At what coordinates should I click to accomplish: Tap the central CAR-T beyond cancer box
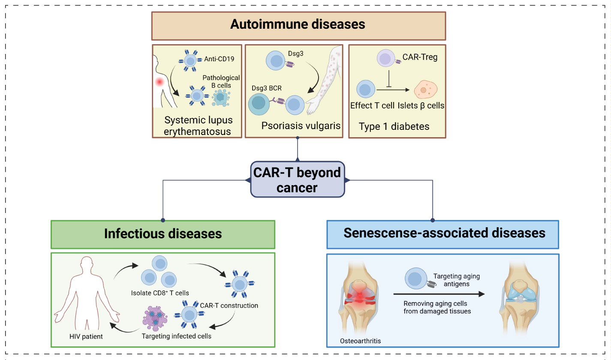click(x=297, y=180)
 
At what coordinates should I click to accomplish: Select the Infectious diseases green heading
click(x=163, y=234)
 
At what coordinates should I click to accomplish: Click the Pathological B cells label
click(x=221, y=81)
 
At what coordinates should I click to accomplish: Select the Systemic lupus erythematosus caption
click(x=197, y=126)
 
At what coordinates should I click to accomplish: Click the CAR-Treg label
click(x=420, y=57)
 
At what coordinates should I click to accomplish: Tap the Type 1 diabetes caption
click(x=394, y=126)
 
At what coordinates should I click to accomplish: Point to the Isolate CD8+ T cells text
click(x=160, y=293)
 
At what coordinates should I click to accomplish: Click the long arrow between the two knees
click(x=439, y=294)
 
